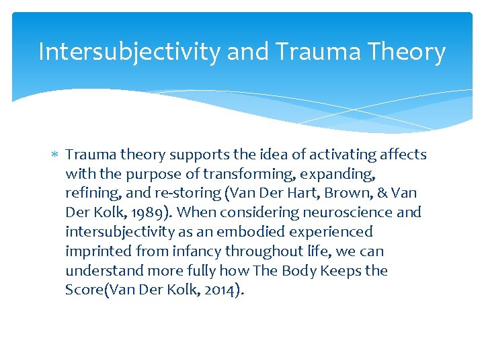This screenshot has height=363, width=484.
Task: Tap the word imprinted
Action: tap(96, 251)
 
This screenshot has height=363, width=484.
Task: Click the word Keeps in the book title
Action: tap(340, 271)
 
